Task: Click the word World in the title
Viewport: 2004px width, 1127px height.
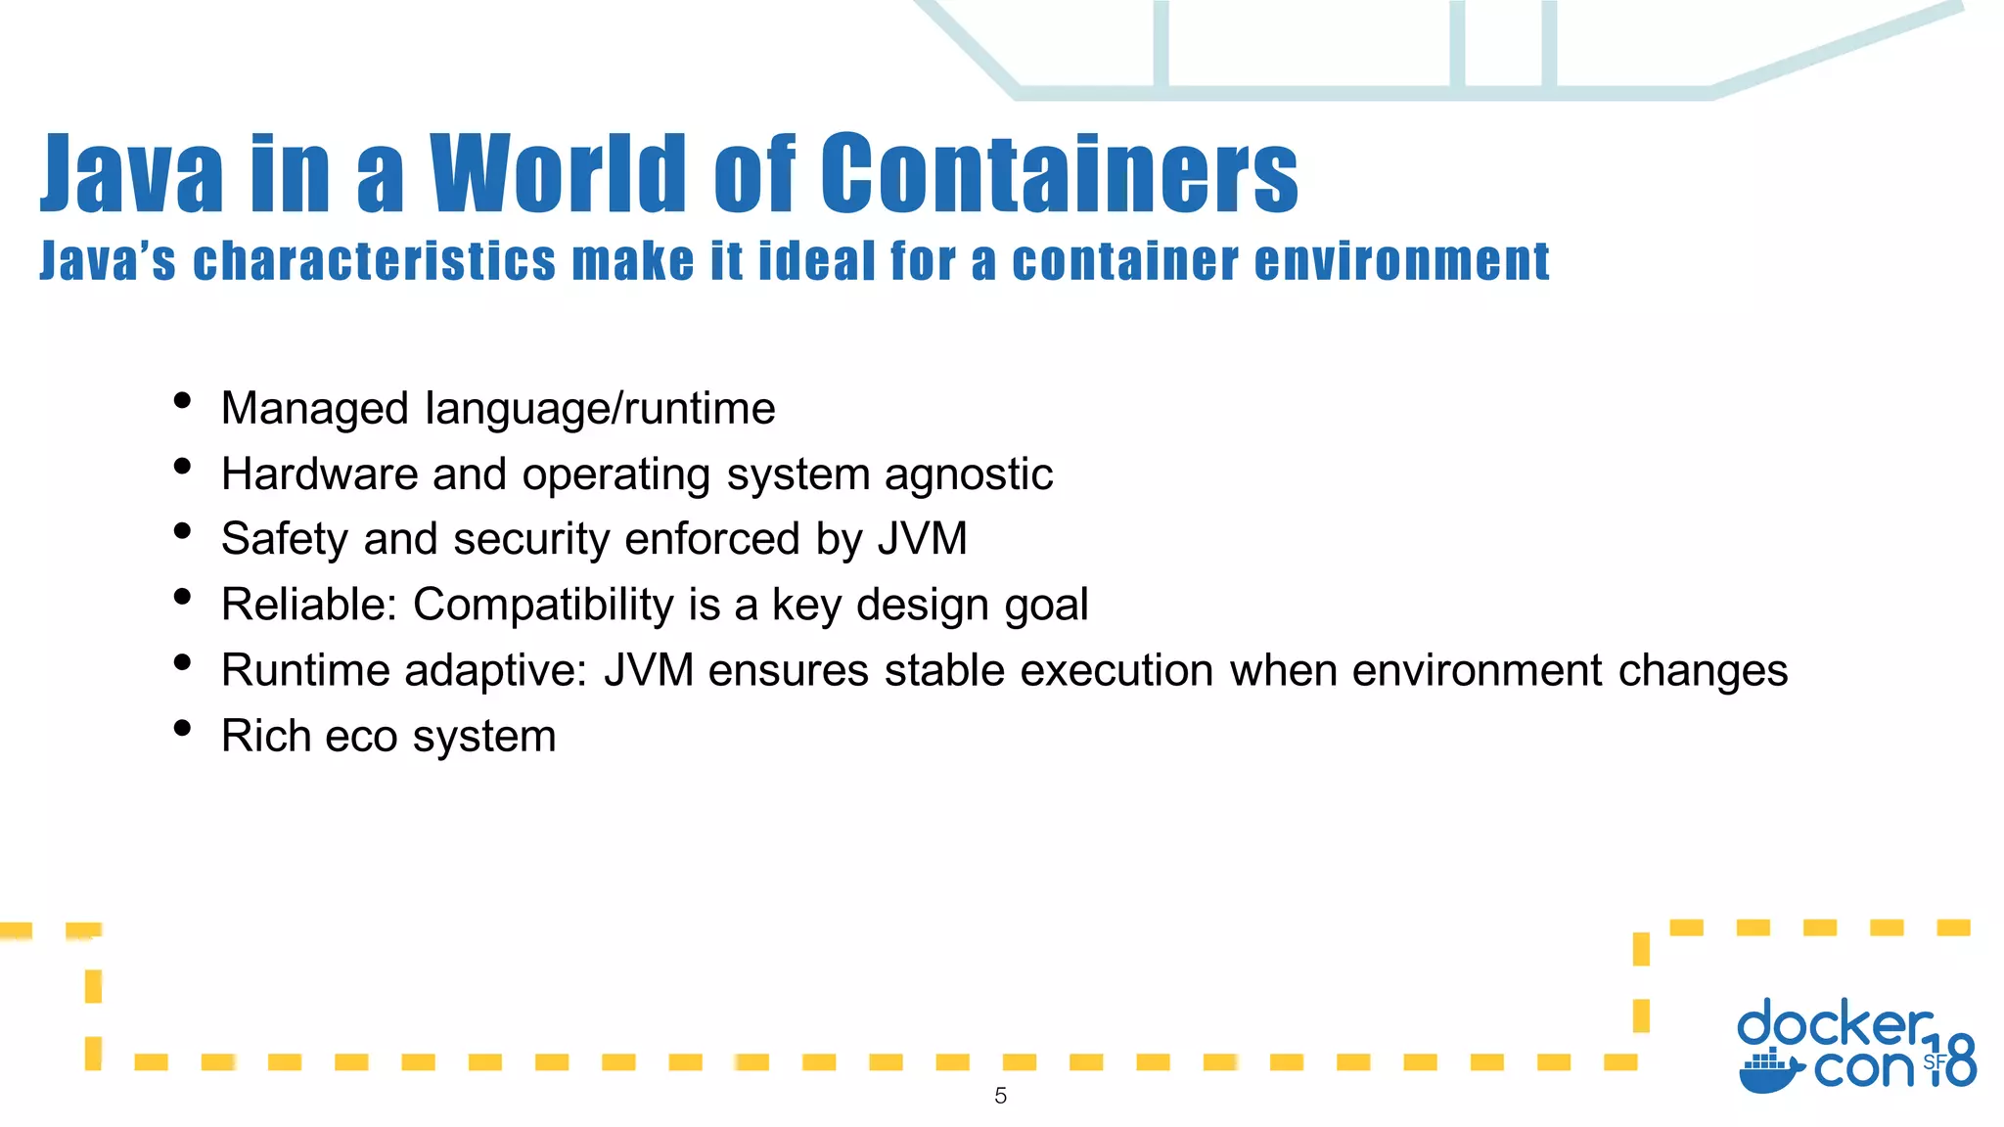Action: (x=559, y=173)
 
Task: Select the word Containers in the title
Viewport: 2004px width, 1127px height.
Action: (x=1060, y=173)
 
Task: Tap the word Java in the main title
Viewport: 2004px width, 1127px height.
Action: (x=131, y=173)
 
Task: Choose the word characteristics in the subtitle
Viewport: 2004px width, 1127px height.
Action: (x=374, y=261)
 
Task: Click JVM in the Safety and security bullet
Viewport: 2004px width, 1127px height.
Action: (x=922, y=539)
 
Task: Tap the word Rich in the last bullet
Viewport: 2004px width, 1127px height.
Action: (x=266, y=736)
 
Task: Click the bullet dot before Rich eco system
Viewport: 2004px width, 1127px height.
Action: (x=182, y=728)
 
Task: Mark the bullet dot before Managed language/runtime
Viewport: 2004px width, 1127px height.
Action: (x=182, y=400)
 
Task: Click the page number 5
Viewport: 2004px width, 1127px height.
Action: (x=1000, y=1096)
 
